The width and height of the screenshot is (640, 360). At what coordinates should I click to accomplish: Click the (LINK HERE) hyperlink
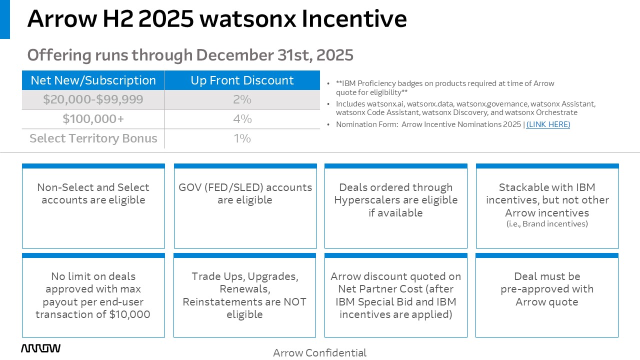(548, 124)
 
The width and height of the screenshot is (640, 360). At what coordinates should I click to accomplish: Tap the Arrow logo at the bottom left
(40, 348)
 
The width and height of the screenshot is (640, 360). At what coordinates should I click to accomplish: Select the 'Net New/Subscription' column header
(93, 80)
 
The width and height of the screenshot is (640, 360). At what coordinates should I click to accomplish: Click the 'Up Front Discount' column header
(242, 80)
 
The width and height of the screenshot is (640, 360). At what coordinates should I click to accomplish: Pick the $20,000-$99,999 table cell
(93, 99)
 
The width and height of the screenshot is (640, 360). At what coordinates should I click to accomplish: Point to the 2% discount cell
(242, 99)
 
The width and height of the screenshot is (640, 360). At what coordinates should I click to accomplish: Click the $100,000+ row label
(93, 119)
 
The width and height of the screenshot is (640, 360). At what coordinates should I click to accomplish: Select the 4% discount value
(242, 119)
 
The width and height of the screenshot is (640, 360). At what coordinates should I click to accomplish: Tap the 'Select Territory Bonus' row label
(93, 138)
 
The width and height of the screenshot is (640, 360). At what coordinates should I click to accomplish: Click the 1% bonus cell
(242, 138)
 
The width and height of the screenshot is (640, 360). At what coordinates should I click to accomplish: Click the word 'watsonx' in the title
(248, 19)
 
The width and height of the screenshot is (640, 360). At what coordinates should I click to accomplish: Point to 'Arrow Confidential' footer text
(319, 353)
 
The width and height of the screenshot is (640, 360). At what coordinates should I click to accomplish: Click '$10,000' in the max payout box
(129, 314)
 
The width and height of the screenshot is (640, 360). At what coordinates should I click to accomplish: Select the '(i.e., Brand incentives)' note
(547, 223)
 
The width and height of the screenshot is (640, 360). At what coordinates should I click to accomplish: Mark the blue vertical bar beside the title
(5, 19)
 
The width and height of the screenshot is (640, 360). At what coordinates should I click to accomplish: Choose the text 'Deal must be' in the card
(547, 276)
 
